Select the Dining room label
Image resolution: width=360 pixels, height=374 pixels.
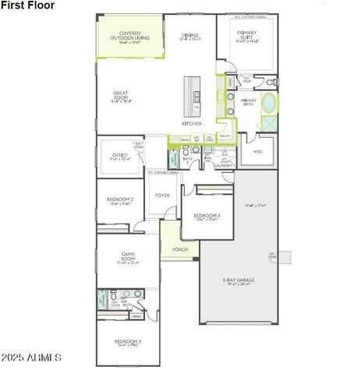pyautogui.click(x=190, y=36)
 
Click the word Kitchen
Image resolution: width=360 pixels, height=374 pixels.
pyautogui.click(x=192, y=123)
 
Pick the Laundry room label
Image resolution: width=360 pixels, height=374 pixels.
pyautogui.click(x=224, y=165)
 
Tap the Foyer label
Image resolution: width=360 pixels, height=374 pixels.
pyautogui.click(x=163, y=196)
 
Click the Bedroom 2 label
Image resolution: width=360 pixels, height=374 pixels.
pyautogui.click(x=120, y=200)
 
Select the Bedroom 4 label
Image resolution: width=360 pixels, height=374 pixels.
pyautogui.click(x=207, y=216)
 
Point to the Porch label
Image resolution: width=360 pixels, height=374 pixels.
pyautogui.click(x=180, y=249)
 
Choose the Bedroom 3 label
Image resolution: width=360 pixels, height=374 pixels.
pyautogui.click(x=128, y=341)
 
